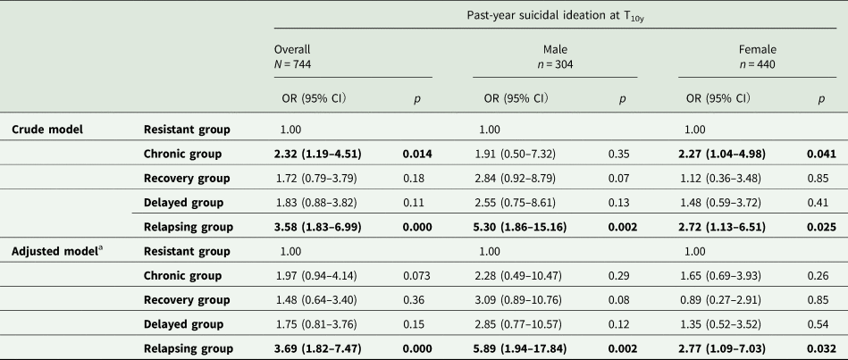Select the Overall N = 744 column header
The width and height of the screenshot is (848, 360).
pyautogui.click(x=292, y=57)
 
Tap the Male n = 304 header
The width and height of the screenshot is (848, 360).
pyautogui.click(x=555, y=57)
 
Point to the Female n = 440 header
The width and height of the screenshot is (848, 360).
pyautogui.click(x=757, y=57)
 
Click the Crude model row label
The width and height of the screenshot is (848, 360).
pyautogui.click(x=47, y=130)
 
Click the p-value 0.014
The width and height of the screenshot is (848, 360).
pyautogui.click(x=417, y=154)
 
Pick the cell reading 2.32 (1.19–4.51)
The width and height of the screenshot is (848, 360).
pyautogui.click(x=317, y=154)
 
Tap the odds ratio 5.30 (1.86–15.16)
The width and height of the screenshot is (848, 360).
pyautogui.click(x=520, y=227)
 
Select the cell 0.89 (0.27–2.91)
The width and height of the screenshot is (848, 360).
pyautogui.click(x=720, y=300)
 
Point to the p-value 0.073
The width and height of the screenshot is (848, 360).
pyautogui.click(x=417, y=276)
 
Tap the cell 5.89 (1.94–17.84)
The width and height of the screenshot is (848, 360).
pyautogui.click(x=520, y=348)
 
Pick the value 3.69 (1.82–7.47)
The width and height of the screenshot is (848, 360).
pyautogui.click(x=317, y=348)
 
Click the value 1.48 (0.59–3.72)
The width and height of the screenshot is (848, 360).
pyautogui.click(x=720, y=203)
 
